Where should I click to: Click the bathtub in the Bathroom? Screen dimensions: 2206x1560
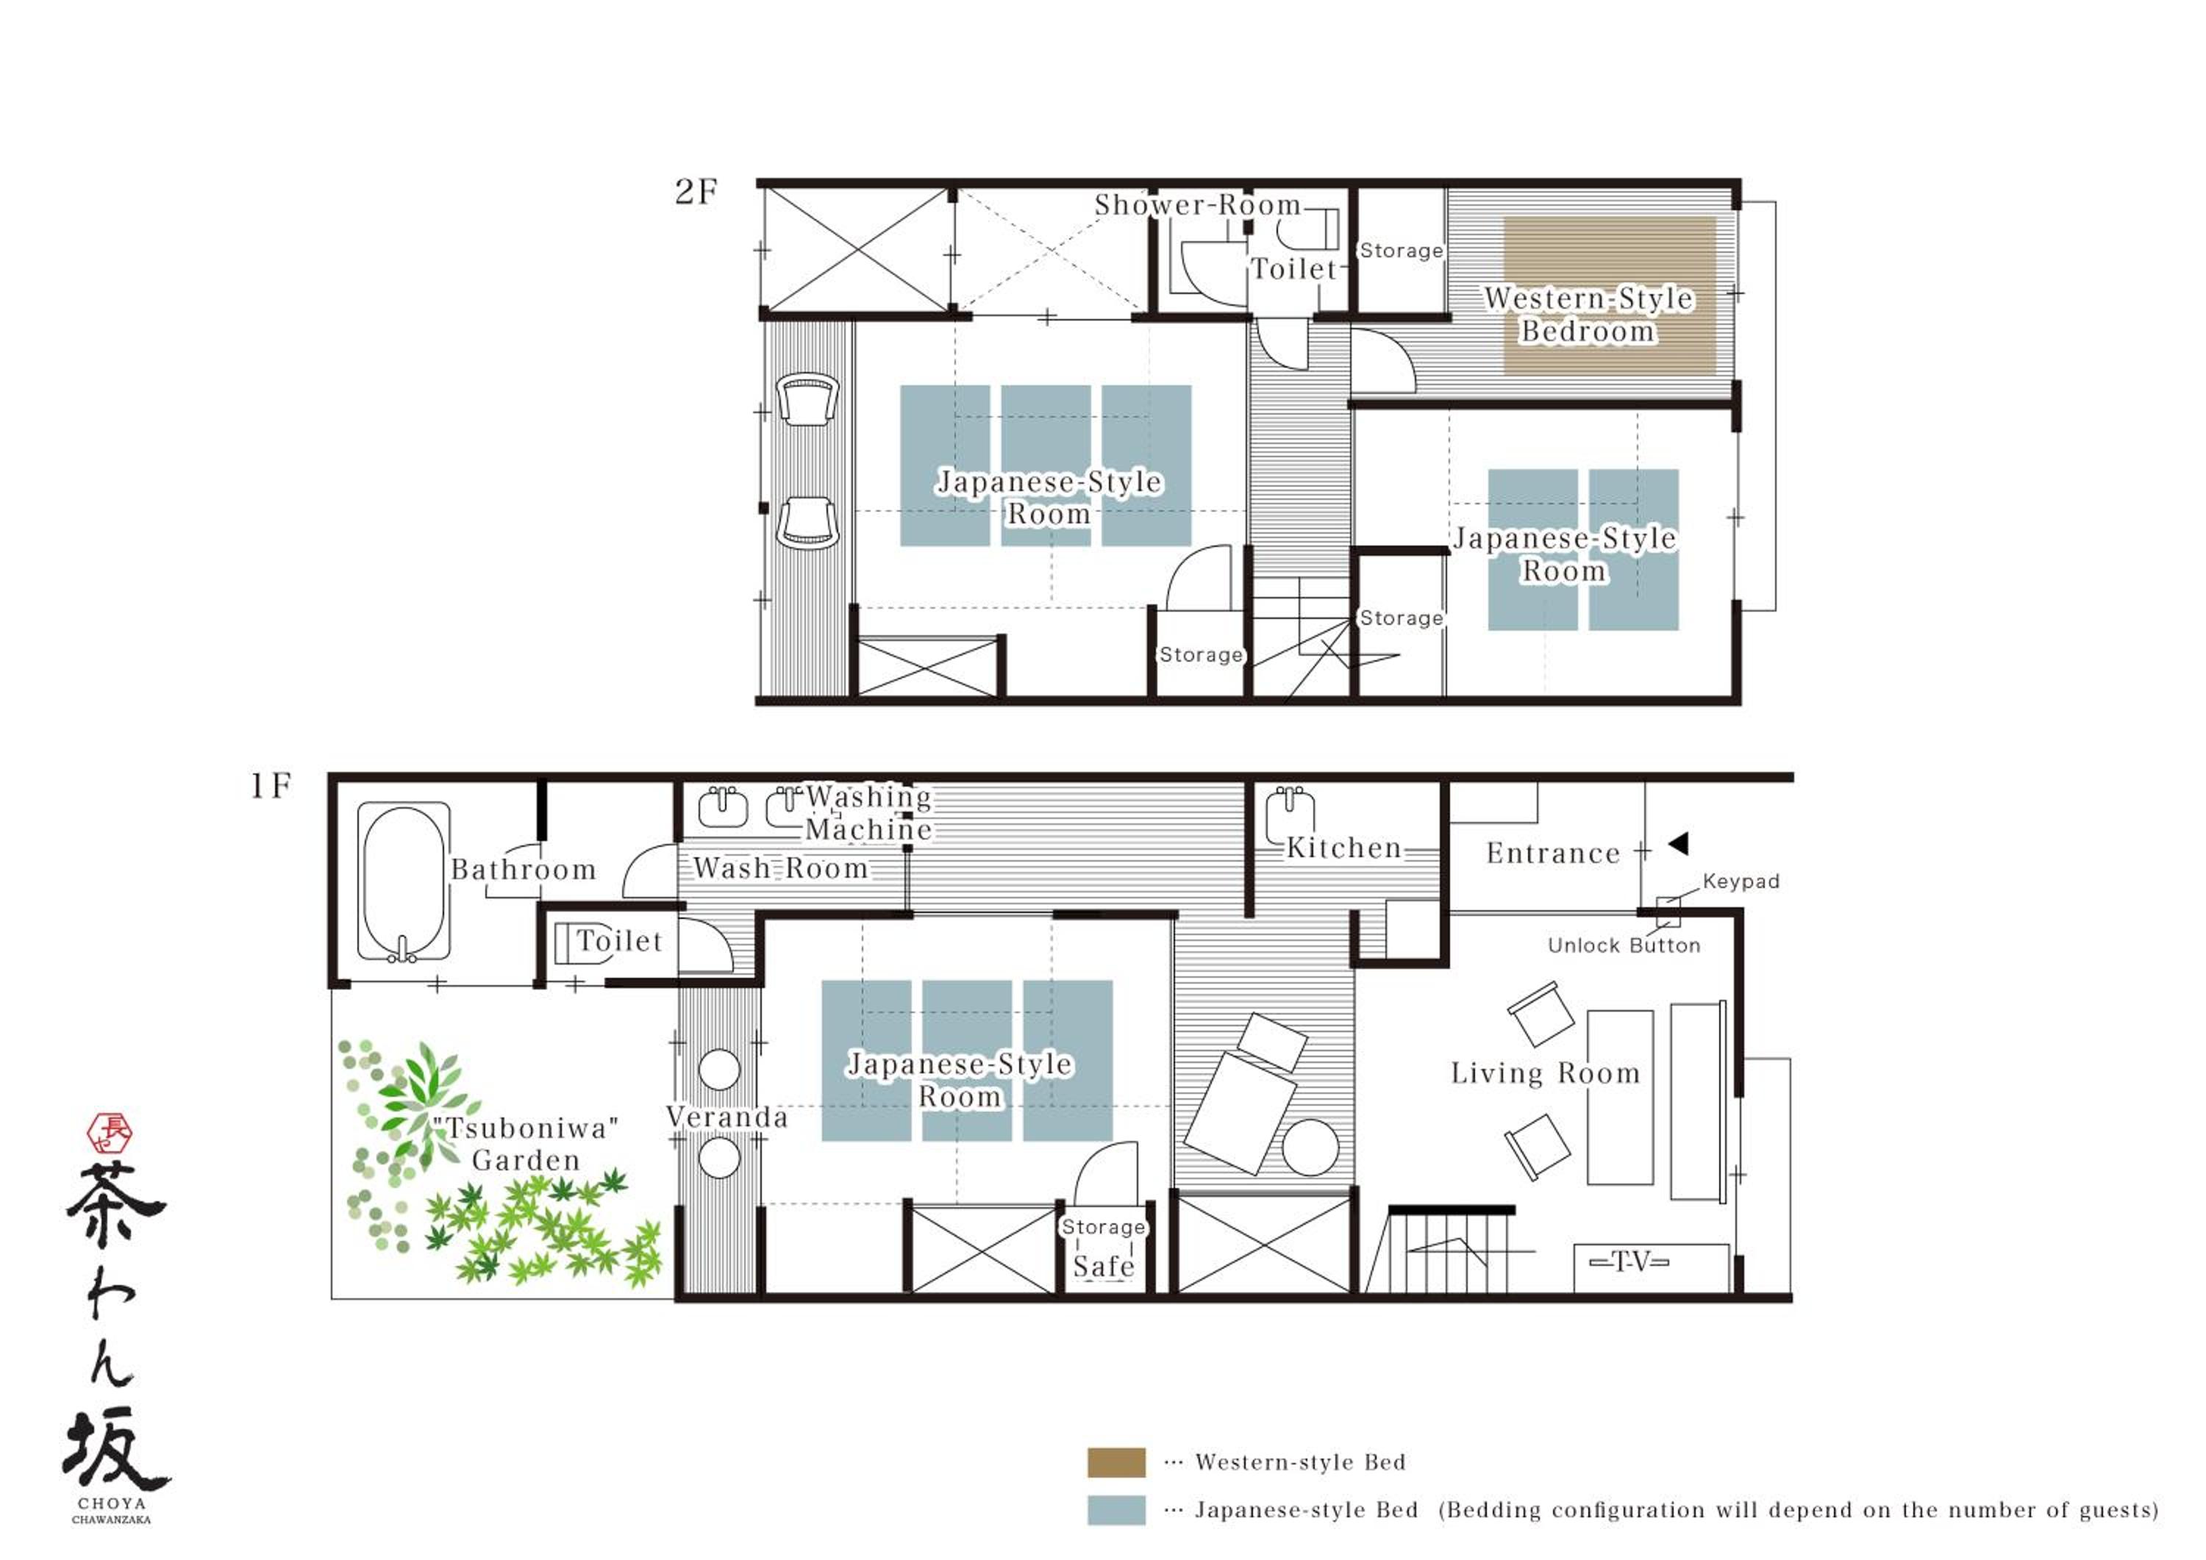pyautogui.click(x=404, y=882)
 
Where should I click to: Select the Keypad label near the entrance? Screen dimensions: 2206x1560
pyautogui.click(x=1741, y=881)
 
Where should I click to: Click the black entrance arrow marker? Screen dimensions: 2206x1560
pyautogui.click(x=1679, y=843)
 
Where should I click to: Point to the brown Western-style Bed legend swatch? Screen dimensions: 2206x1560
pyautogui.click(x=1116, y=1462)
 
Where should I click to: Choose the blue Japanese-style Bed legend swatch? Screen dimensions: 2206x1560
pyautogui.click(x=1116, y=1510)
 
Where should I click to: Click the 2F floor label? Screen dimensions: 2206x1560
pyautogui.click(x=696, y=192)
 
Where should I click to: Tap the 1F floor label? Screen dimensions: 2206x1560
pyautogui.click(x=270, y=786)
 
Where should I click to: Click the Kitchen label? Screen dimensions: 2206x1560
pyautogui.click(x=1344, y=848)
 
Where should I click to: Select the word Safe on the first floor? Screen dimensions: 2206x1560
pyautogui.click(x=1104, y=1266)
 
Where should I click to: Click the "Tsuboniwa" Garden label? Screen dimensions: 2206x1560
pyautogui.click(x=526, y=1143)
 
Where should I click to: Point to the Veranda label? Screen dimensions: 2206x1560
pyautogui.click(x=727, y=1117)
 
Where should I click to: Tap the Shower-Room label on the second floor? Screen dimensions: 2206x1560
pyautogui.click(x=1197, y=204)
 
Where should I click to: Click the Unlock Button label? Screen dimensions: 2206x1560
pyautogui.click(x=1624, y=945)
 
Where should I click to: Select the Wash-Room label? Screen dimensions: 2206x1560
pyautogui.click(x=780, y=868)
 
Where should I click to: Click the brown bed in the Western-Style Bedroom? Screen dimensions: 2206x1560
pyautogui.click(x=1610, y=295)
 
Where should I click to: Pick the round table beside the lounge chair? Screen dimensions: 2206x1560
pyautogui.click(x=1310, y=1148)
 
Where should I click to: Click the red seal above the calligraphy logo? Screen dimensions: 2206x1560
pyautogui.click(x=110, y=1134)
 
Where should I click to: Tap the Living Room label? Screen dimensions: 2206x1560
pyautogui.click(x=1545, y=1073)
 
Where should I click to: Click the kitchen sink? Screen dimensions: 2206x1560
pyautogui.click(x=1291, y=815)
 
